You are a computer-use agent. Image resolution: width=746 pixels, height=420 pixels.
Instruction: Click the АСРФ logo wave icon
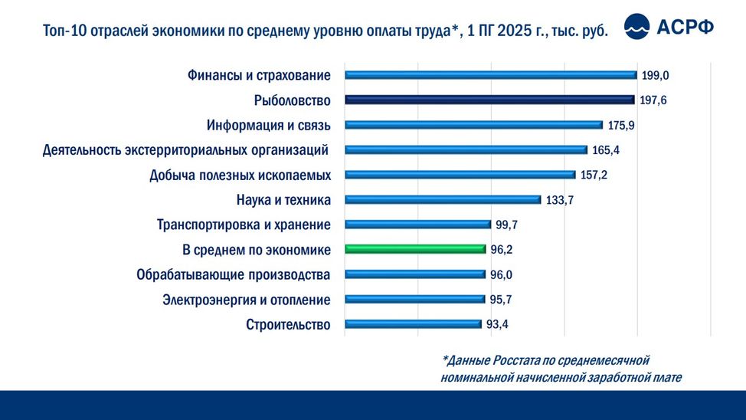point(637,27)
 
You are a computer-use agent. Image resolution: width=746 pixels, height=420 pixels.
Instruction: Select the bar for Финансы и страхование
point(490,75)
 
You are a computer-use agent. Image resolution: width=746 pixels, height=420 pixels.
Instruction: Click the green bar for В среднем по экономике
point(415,249)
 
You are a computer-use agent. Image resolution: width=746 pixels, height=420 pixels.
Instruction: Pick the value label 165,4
point(606,149)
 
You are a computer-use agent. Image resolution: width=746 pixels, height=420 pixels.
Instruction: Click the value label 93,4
point(497,324)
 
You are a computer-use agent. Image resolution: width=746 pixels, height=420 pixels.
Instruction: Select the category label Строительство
point(288,325)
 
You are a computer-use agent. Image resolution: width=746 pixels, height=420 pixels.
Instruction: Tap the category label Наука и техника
point(284,200)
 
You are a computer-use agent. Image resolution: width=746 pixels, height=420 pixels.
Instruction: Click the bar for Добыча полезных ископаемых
point(460,175)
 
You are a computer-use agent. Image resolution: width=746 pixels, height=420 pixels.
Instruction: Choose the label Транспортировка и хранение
point(244,225)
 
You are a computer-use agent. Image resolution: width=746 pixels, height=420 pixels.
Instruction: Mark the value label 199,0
point(656,75)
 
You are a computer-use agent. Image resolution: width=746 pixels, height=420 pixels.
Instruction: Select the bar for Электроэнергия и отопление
point(414,299)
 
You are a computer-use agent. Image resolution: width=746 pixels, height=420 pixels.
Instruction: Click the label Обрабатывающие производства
point(234,274)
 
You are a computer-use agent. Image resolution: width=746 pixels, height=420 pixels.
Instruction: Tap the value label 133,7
point(560,200)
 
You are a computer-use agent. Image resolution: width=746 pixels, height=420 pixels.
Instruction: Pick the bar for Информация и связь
point(473,125)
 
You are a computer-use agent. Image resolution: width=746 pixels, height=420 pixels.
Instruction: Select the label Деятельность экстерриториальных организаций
point(186,149)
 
